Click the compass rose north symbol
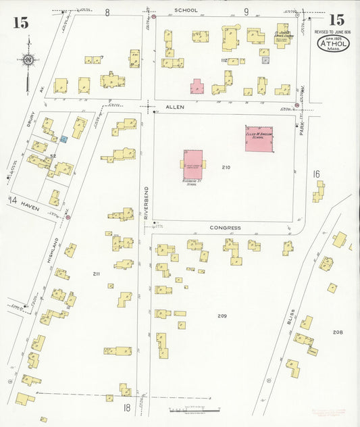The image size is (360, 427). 27,61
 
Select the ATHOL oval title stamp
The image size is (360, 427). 334,45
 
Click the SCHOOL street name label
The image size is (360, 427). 186,11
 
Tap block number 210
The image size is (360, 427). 226,167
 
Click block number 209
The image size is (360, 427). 222,316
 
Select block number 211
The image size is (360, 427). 96,274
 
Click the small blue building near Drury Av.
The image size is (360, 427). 63,139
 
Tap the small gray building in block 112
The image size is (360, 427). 265,60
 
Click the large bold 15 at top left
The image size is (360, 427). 20,22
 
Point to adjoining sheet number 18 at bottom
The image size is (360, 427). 126,407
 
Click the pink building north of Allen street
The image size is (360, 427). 197,86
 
